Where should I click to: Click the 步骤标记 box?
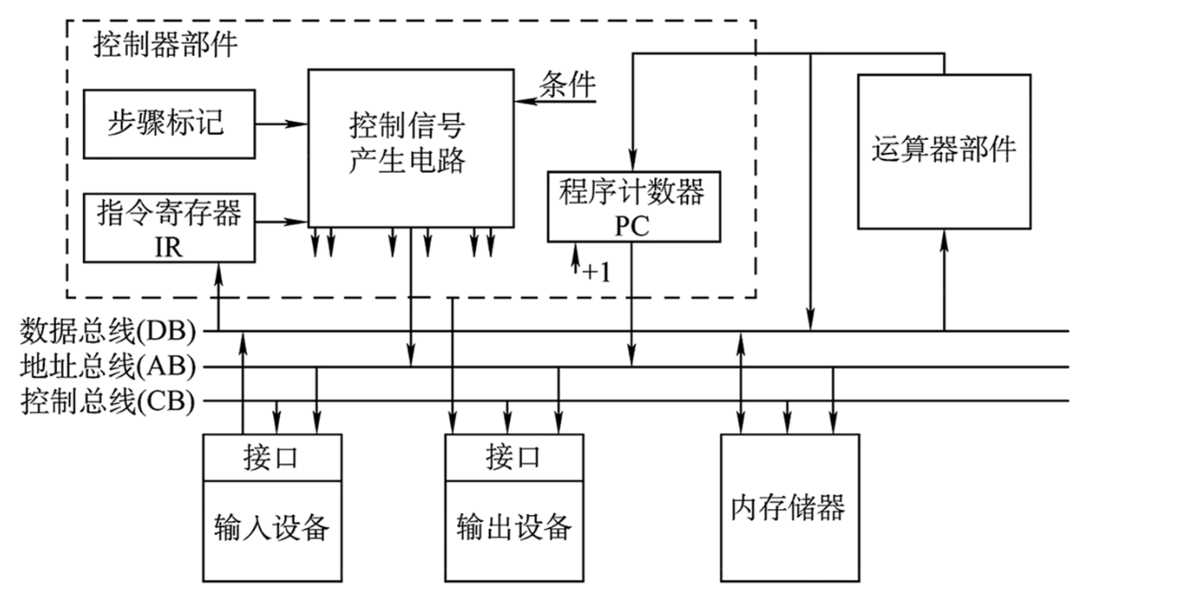[169, 124]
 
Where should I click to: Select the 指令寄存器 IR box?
[169, 227]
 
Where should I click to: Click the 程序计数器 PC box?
[633, 206]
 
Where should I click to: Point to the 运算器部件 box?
[943, 151]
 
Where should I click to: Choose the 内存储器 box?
[789, 507]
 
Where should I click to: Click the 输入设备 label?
[271, 525]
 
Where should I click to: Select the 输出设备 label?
[513, 525]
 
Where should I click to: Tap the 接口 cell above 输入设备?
[271, 457]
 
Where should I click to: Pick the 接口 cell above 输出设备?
[513, 457]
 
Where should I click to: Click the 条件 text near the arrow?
[568, 85]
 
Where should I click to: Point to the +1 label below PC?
[596, 272]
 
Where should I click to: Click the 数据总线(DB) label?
[108, 331]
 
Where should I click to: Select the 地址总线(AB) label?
[108, 366]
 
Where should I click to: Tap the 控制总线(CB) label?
[108, 401]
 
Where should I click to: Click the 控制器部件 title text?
[165, 44]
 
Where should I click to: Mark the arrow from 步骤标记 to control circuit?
[282, 124]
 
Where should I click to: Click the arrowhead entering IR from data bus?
[216, 270]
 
